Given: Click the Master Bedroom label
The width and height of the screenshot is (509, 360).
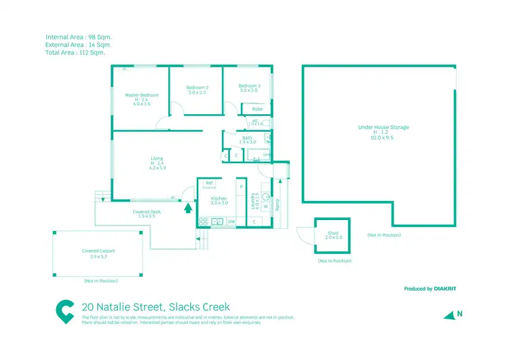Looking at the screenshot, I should click(142, 95).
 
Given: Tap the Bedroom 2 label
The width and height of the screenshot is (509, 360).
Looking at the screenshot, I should click(197, 88).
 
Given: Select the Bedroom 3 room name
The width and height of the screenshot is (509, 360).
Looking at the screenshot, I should click(249, 86).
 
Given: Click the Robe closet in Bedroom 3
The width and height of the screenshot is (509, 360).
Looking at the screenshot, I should click(257, 109).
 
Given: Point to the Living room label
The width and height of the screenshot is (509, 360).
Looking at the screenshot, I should click(157, 159).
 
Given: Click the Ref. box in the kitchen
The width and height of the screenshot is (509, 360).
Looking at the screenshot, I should click(210, 183).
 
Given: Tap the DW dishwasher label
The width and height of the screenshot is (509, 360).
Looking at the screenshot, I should click(231, 221).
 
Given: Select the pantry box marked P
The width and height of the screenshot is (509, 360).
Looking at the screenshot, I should click(241, 186).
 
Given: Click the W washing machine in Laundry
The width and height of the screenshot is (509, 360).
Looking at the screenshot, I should click(265, 206).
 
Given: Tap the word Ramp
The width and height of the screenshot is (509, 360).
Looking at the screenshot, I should click(278, 204).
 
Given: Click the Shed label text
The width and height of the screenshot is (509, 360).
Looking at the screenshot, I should click(333, 233).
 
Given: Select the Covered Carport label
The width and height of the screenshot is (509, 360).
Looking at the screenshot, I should click(98, 251).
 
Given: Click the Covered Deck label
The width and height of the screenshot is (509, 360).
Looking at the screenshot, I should click(147, 212).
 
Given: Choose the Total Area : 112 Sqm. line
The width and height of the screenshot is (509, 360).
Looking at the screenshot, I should click(75, 52).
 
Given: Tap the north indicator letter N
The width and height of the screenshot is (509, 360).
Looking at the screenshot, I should click(459, 313).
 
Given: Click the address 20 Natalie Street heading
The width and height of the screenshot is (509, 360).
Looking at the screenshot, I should click(155, 307).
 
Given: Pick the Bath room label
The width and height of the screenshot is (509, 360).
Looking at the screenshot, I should click(248, 138).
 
